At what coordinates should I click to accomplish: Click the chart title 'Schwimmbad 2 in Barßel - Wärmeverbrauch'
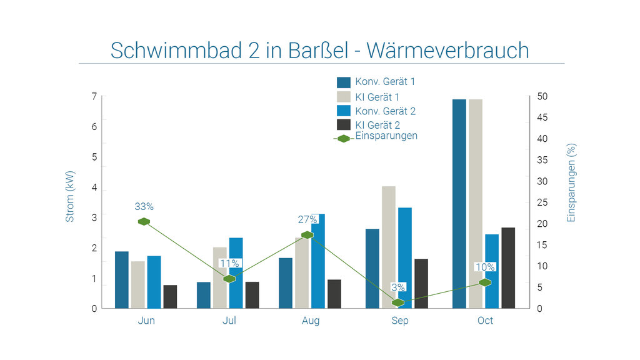(x=319, y=50)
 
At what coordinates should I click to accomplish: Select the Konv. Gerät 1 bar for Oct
(x=459, y=204)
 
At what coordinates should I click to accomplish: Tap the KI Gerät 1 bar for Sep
(x=389, y=247)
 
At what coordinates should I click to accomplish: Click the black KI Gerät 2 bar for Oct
(x=508, y=267)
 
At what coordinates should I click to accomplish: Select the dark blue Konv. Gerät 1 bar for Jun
(x=122, y=279)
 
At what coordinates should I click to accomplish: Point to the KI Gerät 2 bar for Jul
(x=252, y=294)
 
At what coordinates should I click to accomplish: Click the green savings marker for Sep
(x=398, y=302)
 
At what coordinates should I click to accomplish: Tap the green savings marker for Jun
(x=144, y=221)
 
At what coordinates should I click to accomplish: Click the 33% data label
(x=144, y=206)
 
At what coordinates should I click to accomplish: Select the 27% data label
(x=307, y=220)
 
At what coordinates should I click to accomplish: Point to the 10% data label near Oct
(x=485, y=267)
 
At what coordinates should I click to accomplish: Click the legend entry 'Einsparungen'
(x=386, y=136)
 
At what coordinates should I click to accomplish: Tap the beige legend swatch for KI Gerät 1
(x=344, y=97)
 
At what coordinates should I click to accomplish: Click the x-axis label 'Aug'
(x=310, y=321)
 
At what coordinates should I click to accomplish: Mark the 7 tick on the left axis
(x=94, y=97)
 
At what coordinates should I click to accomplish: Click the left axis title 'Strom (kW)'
(x=70, y=196)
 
